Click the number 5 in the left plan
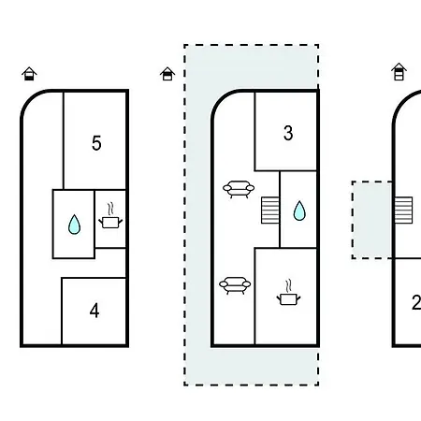[96, 143]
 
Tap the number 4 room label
[94, 311]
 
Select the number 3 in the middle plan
[288, 133]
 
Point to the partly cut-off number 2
[416, 302]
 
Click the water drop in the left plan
[74, 225]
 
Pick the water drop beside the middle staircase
[299, 210]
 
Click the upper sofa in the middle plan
[239, 189]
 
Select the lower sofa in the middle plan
[235, 285]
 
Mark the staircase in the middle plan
[270, 210]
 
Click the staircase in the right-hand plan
[404, 210]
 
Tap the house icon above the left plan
[29, 74]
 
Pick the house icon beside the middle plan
[167, 74]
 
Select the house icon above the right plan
[399, 72]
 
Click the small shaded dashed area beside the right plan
[371, 220]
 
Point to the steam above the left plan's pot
[110, 210]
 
